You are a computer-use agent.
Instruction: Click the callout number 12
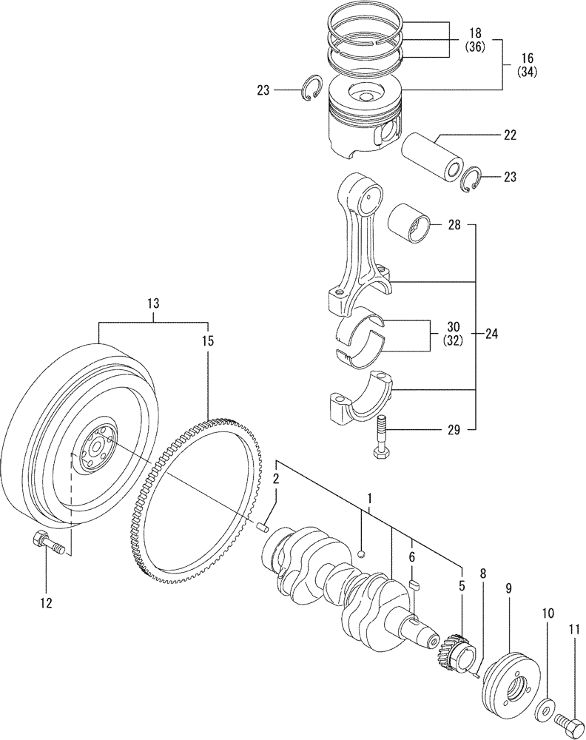coord(46,603)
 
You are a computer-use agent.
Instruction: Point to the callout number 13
coord(152,303)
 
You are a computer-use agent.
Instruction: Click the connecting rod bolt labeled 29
coord(380,441)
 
